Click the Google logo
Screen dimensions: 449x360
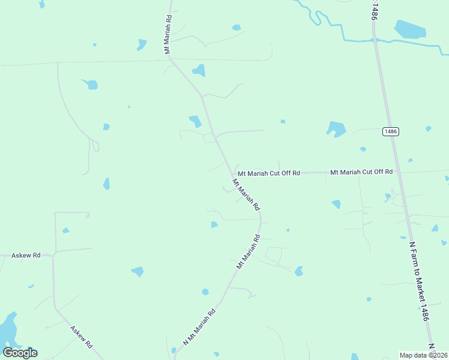tap(20, 353)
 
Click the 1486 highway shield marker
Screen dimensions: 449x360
tap(391, 131)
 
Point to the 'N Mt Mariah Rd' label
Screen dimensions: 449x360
tap(200, 327)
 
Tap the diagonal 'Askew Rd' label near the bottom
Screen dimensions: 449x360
tap(81, 337)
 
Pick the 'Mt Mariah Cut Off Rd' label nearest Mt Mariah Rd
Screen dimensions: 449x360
tap(268, 173)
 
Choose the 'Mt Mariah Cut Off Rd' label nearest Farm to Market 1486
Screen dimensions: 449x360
tap(361, 172)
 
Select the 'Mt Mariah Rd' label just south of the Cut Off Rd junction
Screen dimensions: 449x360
tap(246, 194)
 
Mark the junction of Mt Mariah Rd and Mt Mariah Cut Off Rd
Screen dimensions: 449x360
tap(233, 174)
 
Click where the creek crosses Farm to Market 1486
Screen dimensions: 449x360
tap(375, 40)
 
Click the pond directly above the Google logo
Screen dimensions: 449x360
tap(8, 328)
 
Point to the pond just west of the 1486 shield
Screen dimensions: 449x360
tap(336, 128)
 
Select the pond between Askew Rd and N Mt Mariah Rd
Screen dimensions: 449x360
tap(137, 271)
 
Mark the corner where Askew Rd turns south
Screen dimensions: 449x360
tap(54, 255)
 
